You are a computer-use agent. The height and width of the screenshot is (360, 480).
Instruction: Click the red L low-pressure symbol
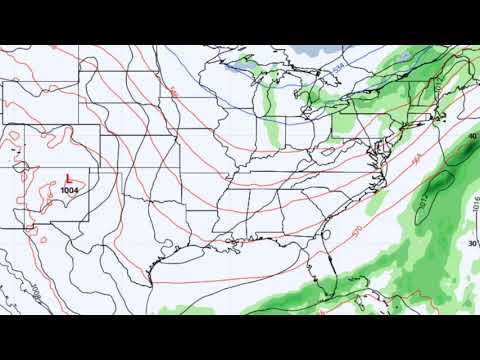67,177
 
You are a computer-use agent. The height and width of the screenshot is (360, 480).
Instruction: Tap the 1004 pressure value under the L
70,189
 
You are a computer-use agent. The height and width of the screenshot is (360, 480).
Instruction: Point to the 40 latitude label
472,136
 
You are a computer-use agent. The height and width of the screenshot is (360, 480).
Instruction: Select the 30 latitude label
472,242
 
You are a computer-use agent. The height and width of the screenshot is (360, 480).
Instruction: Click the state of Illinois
245,150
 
